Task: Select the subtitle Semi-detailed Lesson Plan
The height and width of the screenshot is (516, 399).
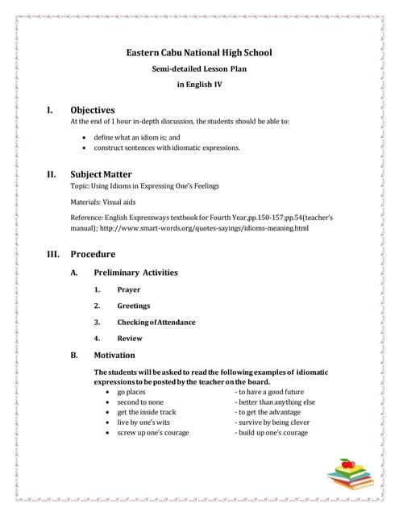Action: tap(199, 69)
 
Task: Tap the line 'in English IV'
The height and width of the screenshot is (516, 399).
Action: tap(199, 83)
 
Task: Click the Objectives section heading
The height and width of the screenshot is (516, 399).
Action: tap(93, 110)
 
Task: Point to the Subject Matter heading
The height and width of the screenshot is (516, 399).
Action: tap(101, 173)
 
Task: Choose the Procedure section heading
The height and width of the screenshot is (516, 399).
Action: tap(93, 254)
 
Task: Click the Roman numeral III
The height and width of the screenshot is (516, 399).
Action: tap(56, 254)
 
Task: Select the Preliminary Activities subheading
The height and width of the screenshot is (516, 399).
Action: tap(135, 273)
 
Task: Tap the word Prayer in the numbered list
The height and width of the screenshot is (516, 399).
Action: tap(128, 289)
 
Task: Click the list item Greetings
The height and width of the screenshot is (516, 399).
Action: tap(133, 306)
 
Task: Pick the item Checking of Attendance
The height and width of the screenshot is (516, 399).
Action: tap(156, 322)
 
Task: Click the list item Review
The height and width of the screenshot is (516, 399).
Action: tap(129, 339)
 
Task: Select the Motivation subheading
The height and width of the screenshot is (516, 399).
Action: tap(114, 355)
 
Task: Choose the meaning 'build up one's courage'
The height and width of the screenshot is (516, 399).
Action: tap(272, 433)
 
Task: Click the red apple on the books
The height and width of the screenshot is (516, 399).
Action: tap(347, 464)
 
